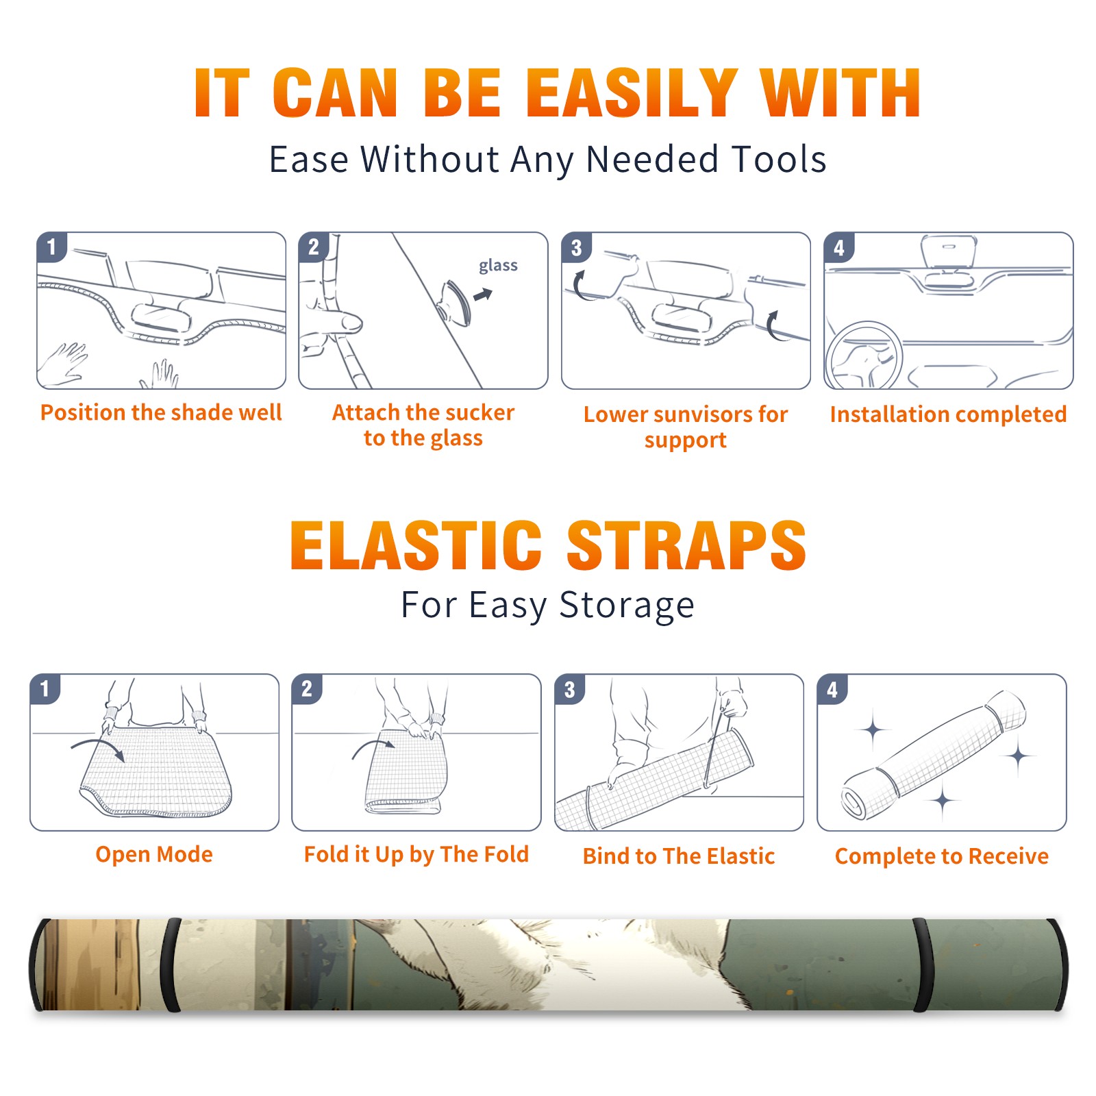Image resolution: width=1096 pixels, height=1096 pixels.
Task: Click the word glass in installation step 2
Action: [x=498, y=266]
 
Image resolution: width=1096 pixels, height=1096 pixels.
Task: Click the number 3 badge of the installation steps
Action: [x=576, y=248]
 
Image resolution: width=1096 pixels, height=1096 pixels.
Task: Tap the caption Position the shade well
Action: [x=161, y=412]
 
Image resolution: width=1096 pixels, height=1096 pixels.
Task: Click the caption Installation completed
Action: [x=948, y=414]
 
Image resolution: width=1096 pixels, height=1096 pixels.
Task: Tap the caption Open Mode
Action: [x=154, y=854]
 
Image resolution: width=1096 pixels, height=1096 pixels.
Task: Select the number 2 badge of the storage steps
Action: [x=307, y=689]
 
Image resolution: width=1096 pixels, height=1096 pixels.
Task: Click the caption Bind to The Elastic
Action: [x=678, y=856]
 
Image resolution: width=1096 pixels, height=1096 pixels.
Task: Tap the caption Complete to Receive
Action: [x=941, y=856]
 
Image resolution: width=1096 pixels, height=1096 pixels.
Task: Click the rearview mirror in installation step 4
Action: [x=949, y=252]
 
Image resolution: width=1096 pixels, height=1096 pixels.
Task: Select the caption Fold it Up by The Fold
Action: [x=416, y=854]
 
